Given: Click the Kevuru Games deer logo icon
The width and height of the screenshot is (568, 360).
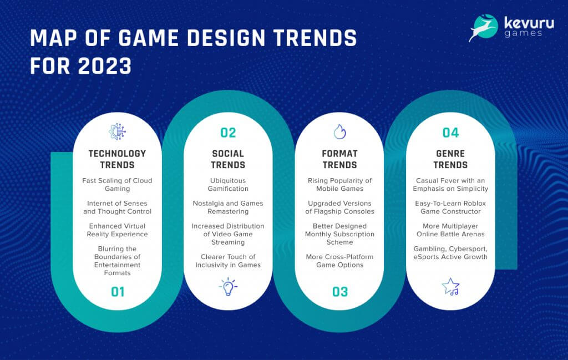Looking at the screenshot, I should [x=482, y=28].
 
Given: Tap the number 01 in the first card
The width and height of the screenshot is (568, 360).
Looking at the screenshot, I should [x=118, y=292].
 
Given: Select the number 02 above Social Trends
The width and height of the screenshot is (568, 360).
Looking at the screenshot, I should [x=228, y=133].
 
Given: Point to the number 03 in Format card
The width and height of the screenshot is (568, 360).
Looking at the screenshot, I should [x=339, y=292].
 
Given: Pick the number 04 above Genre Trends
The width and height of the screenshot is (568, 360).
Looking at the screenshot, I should [x=450, y=133].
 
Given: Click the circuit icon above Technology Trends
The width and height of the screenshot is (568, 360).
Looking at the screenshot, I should [x=118, y=131].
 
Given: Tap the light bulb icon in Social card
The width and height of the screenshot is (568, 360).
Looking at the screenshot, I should [x=228, y=287].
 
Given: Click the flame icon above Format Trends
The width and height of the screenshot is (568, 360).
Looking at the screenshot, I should [x=339, y=131].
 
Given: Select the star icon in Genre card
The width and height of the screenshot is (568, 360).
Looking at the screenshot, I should [x=450, y=286].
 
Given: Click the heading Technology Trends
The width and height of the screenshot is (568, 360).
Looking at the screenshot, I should [x=118, y=159].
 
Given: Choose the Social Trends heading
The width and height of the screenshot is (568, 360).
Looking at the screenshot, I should [x=228, y=159].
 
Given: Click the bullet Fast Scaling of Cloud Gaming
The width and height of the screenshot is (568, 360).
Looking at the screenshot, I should [x=118, y=185].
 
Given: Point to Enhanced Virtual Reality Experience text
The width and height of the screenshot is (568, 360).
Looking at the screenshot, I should [x=118, y=230].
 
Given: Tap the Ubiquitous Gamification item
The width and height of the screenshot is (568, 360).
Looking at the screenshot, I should [x=228, y=185].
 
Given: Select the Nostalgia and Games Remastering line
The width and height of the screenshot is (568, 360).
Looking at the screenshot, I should [x=228, y=207].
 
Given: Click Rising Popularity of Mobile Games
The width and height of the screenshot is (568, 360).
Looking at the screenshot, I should [x=339, y=185].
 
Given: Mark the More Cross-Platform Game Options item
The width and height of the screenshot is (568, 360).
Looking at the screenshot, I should [x=339, y=261].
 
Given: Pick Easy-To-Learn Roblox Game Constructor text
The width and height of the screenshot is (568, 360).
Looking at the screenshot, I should [x=450, y=207].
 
